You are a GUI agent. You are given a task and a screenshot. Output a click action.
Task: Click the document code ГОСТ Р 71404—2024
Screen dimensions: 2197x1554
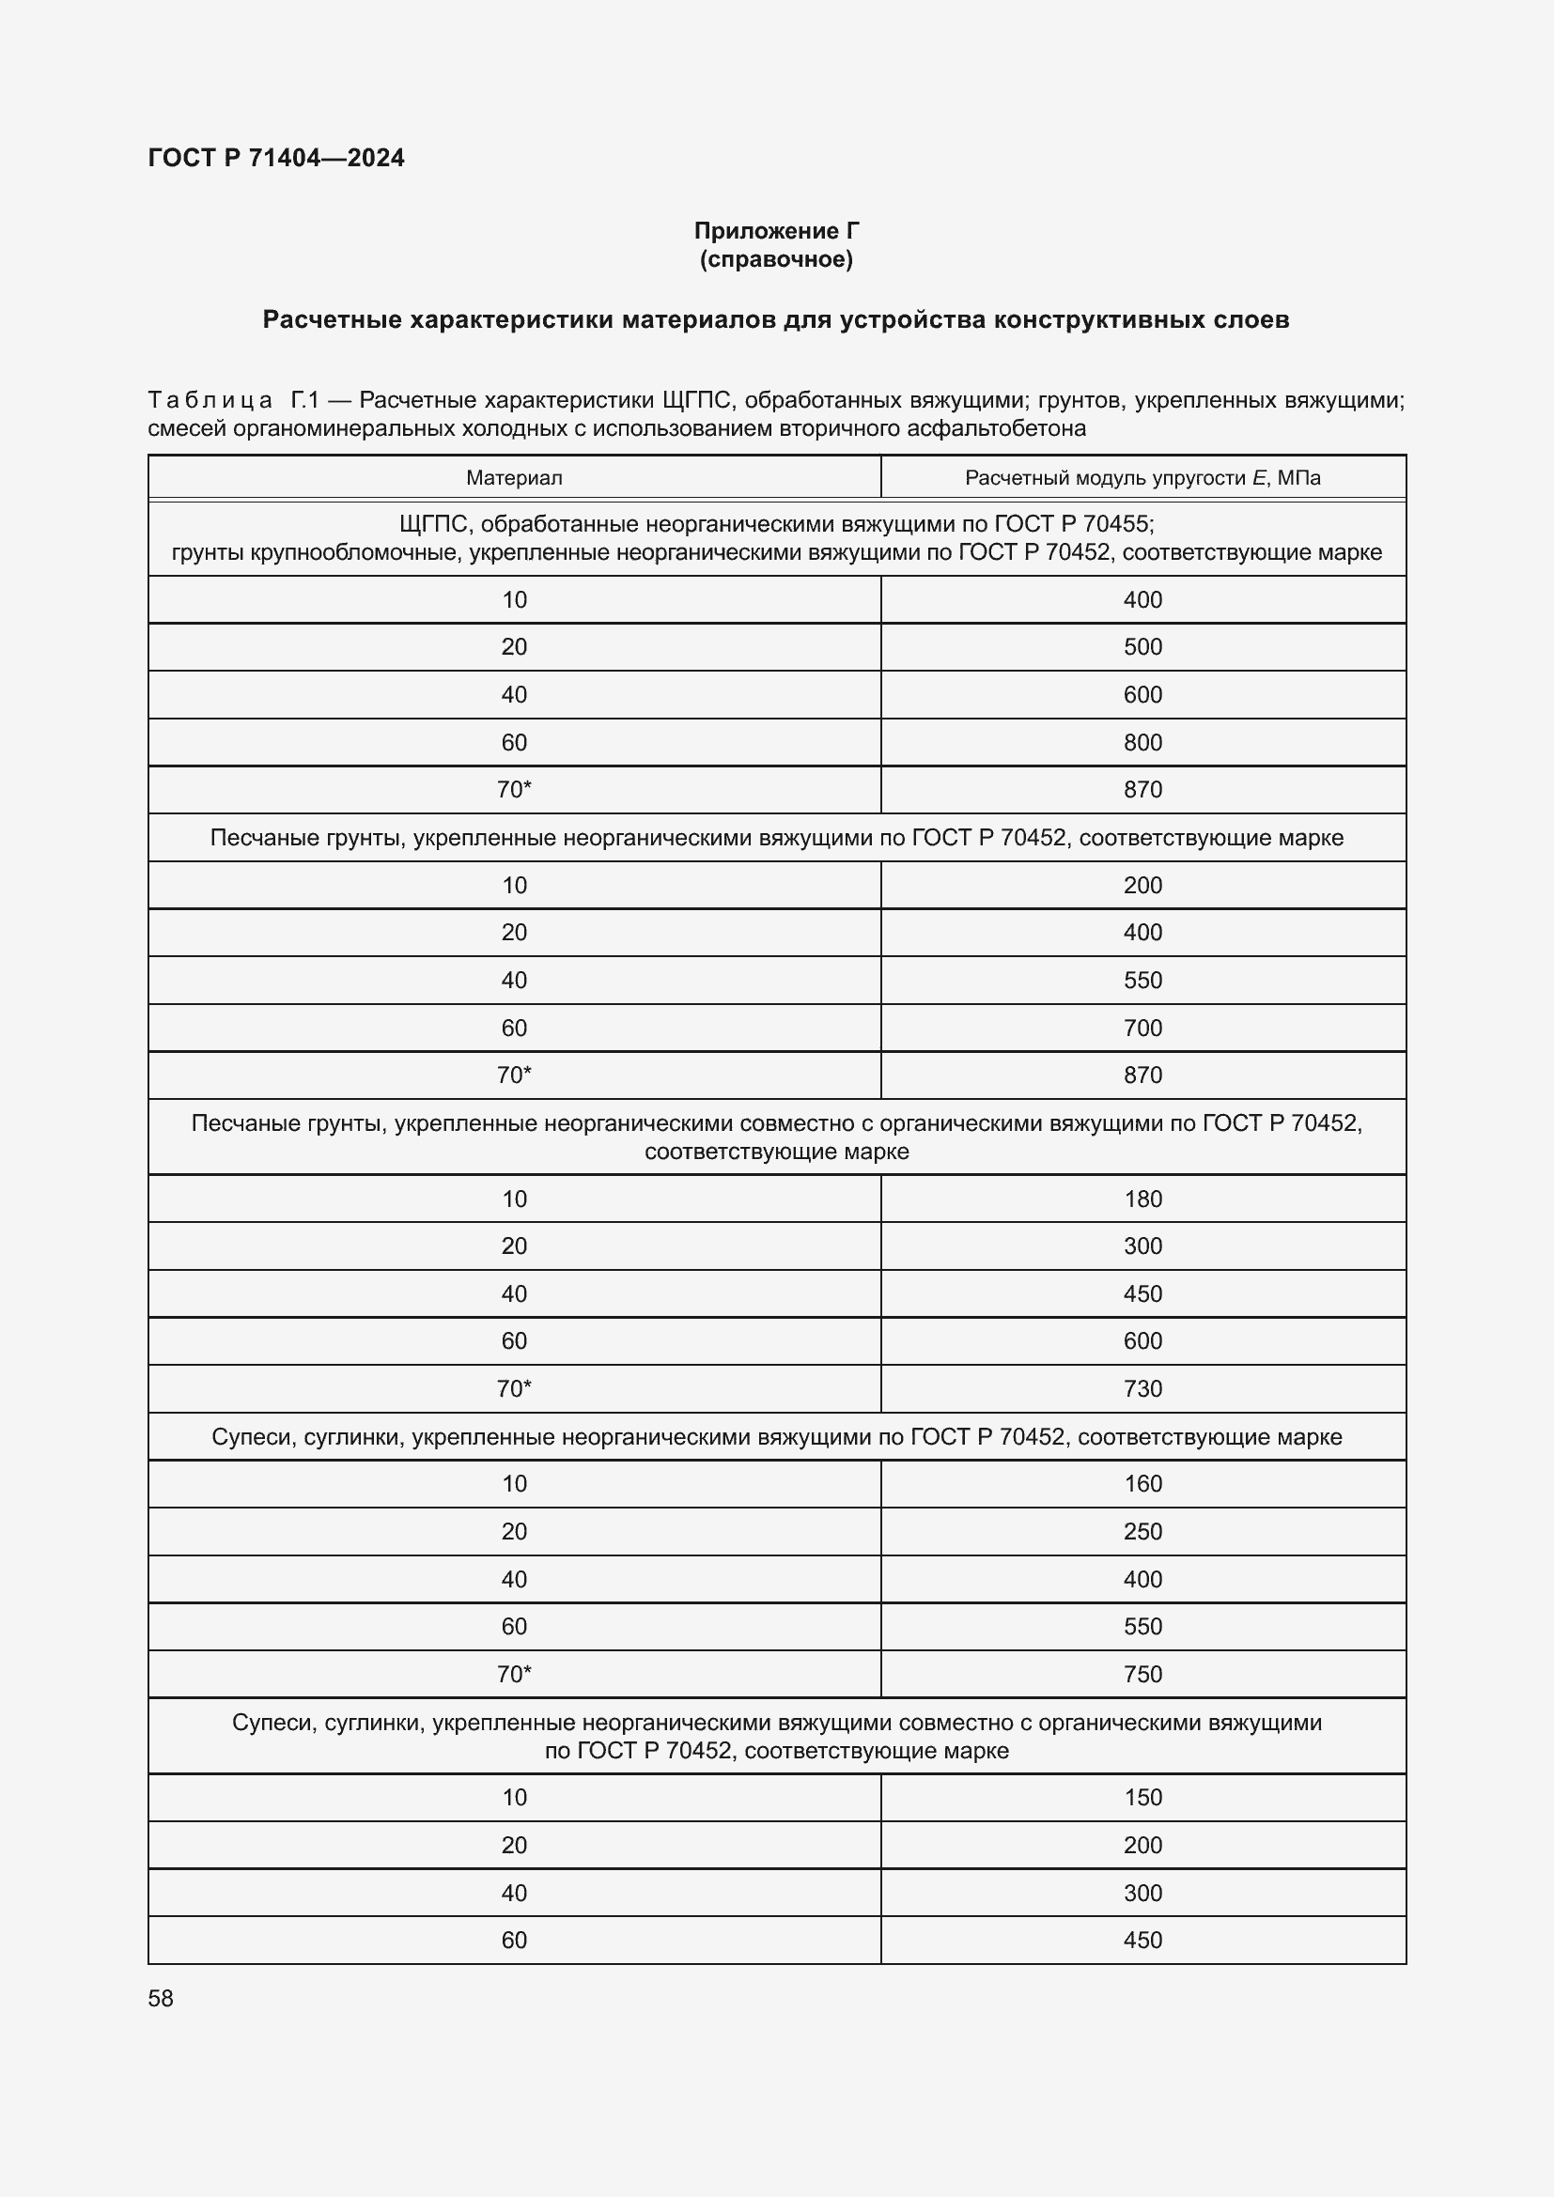pyautogui.click(x=275, y=158)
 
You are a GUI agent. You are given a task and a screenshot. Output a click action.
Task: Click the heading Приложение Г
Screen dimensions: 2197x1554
pyautogui.click(x=776, y=231)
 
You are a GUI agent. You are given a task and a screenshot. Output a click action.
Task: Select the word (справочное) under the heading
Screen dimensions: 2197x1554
pyautogui.click(x=776, y=259)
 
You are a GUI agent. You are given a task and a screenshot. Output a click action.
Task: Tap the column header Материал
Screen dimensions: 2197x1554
pyautogui.click(x=514, y=477)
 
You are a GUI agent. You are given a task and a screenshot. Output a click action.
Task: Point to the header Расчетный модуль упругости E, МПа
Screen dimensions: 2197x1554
pyautogui.click(x=1142, y=477)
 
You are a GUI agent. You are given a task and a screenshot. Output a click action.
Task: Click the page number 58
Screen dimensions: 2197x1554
pyautogui.click(x=161, y=1998)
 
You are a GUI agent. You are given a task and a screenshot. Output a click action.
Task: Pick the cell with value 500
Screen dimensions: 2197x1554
pyautogui.click(x=1142, y=647)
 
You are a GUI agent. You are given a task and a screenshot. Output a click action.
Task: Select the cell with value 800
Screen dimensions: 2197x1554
pyautogui.click(x=1142, y=743)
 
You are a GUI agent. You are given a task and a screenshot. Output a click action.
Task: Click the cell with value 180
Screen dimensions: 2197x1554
pyautogui.click(x=1142, y=1199)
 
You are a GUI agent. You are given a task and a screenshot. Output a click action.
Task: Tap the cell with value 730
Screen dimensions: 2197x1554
pyautogui.click(x=1142, y=1388)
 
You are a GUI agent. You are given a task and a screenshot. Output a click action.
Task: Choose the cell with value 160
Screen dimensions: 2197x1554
pyautogui.click(x=1142, y=1484)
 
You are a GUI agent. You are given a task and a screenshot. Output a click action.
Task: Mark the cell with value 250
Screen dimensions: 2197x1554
pyautogui.click(x=1142, y=1531)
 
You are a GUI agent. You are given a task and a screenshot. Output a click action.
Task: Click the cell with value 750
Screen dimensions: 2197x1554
pyautogui.click(x=1142, y=1674)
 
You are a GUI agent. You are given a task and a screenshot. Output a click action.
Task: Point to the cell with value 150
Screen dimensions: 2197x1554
pyautogui.click(x=1142, y=1797)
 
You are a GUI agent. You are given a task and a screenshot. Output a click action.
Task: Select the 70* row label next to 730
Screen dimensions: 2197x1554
pyautogui.click(x=514, y=1388)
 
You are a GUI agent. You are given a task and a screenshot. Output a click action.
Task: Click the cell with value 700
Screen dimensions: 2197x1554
pyautogui.click(x=1142, y=1028)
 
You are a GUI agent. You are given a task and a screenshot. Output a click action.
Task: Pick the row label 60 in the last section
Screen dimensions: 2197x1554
pyautogui.click(x=514, y=1940)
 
